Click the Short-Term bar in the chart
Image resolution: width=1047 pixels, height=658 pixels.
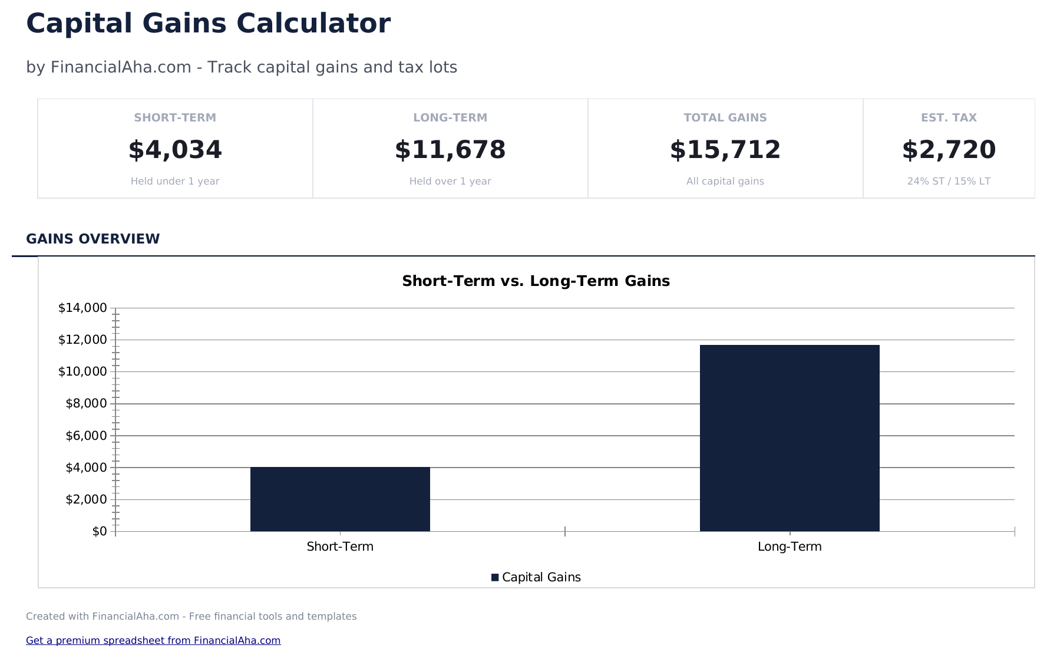tap(340, 499)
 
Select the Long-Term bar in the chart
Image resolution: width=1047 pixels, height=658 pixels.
tap(790, 437)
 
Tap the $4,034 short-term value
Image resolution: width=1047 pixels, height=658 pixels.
tap(175, 150)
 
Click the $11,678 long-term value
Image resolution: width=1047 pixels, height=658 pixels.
tap(450, 150)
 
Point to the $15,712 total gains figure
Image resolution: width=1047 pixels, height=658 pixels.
tap(725, 150)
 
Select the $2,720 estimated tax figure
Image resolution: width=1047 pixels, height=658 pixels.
tap(949, 150)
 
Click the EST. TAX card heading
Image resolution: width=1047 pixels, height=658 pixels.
tap(949, 117)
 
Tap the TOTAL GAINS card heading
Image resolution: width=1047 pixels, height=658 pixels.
tap(725, 117)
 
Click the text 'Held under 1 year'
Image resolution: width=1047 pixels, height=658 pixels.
tap(175, 181)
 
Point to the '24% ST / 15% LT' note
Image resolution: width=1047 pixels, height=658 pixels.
tap(949, 181)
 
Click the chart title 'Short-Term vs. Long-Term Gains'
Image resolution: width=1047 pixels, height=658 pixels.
tap(536, 281)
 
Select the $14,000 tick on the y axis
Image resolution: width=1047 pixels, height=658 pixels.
tap(82, 308)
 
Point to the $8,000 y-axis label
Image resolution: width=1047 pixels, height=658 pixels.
tap(86, 403)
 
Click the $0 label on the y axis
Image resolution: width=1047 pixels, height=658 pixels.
tap(100, 531)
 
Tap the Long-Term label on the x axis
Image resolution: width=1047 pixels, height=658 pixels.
tap(790, 547)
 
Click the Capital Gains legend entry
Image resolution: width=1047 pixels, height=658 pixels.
tap(536, 577)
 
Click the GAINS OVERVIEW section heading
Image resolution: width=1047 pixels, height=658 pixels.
tap(93, 239)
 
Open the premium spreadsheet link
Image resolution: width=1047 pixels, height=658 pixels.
tap(153, 640)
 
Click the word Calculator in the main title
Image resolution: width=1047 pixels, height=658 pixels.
tap(313, 24)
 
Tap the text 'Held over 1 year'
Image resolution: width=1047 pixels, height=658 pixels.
tap(450, 181)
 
